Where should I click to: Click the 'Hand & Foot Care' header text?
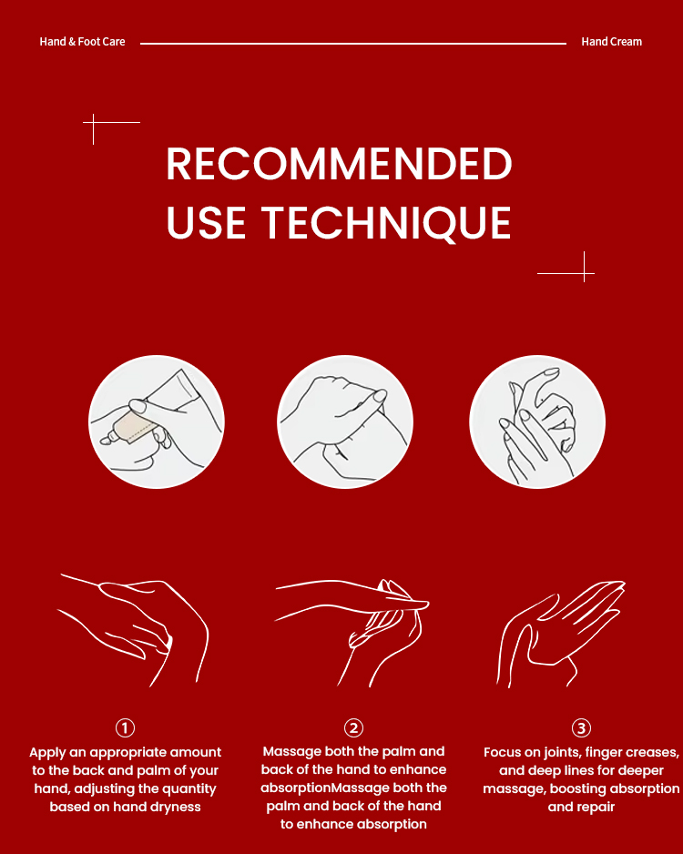tap(82, 41)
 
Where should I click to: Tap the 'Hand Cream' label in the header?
tap(611, 41)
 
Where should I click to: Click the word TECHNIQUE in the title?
tap(385, 222)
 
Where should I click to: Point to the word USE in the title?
tap(206, 222)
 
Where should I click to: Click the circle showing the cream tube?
tap(157, 422)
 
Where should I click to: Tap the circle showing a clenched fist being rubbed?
tap(345, 422)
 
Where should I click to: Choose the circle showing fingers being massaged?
tap(537, 422)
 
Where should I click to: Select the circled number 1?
tap(125, 727)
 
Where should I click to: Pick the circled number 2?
tap(353, 727)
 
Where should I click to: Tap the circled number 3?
tap(581, 727)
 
